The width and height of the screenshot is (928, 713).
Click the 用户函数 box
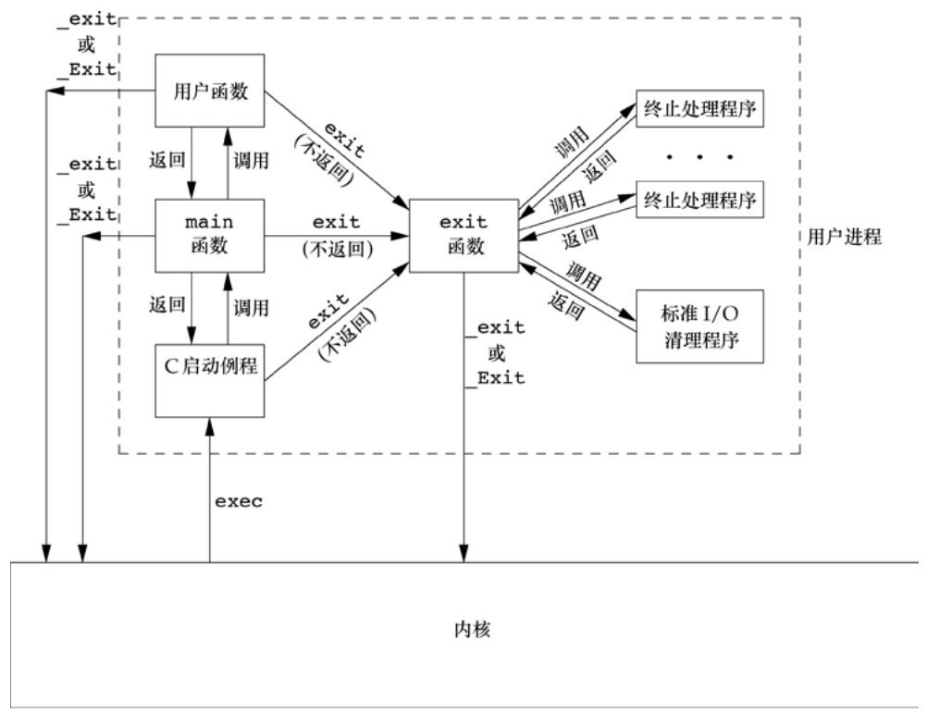coord(209,92)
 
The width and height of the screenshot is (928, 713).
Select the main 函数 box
coord(209,235)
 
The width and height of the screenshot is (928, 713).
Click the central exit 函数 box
coord(463,235)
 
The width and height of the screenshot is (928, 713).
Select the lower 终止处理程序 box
coord(699,200)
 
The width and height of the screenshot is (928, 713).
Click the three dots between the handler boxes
coord(699,155)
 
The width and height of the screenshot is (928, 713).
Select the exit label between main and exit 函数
coord(337,223)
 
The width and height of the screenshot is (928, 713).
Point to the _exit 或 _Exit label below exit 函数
coord(496,352)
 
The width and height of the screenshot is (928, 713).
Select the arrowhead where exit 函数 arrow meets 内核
coord(463,555)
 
